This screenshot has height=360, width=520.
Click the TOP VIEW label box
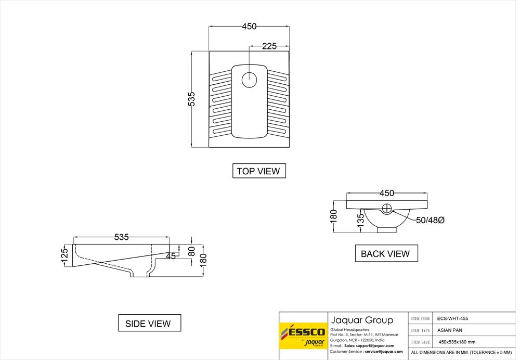[x=258, y=171]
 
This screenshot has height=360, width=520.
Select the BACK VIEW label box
[x=385, y=253]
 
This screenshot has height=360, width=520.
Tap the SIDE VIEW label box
[x=148, y=323]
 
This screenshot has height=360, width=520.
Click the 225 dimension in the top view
[x=269, y=46]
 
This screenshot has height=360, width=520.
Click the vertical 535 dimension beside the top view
[x=191, y=99]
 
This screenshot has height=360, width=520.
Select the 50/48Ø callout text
[x=430, y=220]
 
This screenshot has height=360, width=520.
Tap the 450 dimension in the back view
[x=386, y=193]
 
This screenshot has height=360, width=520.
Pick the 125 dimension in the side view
[x=64, y=255]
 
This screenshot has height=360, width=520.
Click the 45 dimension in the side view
[x=171, y=256]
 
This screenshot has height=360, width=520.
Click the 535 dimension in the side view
[x=121, y=237]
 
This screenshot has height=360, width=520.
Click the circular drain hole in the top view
[x=250, y=80]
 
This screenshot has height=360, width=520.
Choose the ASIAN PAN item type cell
[x=448, y=330]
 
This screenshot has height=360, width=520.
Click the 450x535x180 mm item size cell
[x=457, y=342]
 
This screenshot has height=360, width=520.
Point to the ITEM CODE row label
[x=421, y=318]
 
